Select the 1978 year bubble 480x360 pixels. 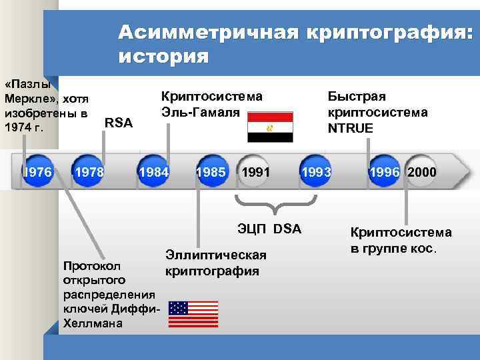[89, 173]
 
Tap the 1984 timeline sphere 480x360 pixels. [153, 173]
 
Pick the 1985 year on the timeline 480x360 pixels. [211, 173]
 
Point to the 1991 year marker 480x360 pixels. [255, 173]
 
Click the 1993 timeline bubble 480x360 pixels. [316, 173]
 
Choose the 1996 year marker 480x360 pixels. [385, 173]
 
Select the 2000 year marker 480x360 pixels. [422, 173]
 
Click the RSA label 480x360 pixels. [119, 123]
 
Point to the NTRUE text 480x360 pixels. [351, 127]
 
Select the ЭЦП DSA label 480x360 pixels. [269, 229]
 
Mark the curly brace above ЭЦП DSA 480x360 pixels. [269, 203]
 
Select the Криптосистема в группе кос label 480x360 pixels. [401, 241]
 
